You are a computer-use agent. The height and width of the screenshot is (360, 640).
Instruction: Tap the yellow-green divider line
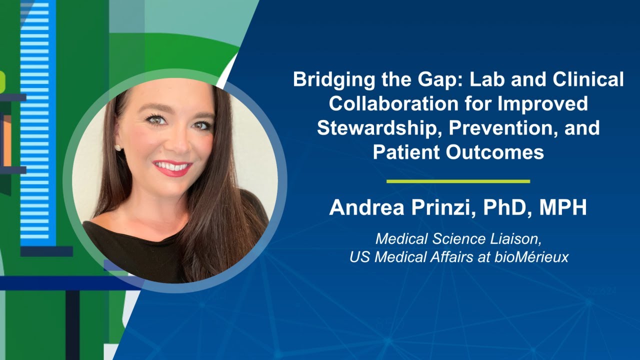pos(458,181)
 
